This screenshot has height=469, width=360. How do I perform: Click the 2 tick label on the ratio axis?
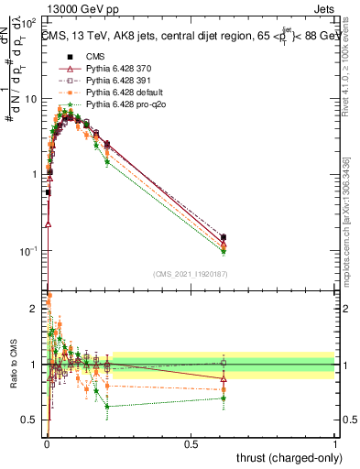click(x=34, y=308)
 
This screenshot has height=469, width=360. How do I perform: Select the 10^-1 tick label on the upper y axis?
click(x=28, y=250)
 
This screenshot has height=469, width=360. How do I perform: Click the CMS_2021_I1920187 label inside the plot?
click(x=191, y=273)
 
